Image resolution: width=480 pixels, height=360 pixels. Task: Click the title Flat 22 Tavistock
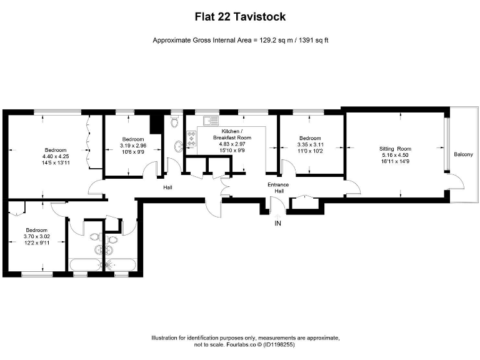pyautogui.click(x=240, y=17)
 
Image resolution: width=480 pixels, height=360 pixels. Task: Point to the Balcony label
pyautogui.click(x=463, y=154)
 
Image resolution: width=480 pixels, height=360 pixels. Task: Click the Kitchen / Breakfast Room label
pyautogui.click(x=232, y=134)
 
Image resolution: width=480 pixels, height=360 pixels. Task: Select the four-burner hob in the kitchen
pyautogui.click(x=191, y=134)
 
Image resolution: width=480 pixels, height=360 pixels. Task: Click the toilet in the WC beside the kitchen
pyautogui.click(x=175, y=121)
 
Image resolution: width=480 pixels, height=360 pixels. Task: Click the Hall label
pyautogui.click(x=167, y=187)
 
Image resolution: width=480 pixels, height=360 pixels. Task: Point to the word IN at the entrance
pyautogui.click(x=278, y=223)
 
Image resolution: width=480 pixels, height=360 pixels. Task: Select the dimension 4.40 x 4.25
pyautogui.click(x=55, y=156)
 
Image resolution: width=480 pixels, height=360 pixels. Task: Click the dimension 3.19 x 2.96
pyautogui.click(x=132, y=146)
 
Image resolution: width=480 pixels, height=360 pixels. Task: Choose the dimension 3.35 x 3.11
pyautogui.click(x=309, y=144)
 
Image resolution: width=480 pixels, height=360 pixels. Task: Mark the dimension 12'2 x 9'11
pyautogui.click(x=37, y=242)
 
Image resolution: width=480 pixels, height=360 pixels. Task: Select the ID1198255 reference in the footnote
pyautogui.click(x=276, y=344)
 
